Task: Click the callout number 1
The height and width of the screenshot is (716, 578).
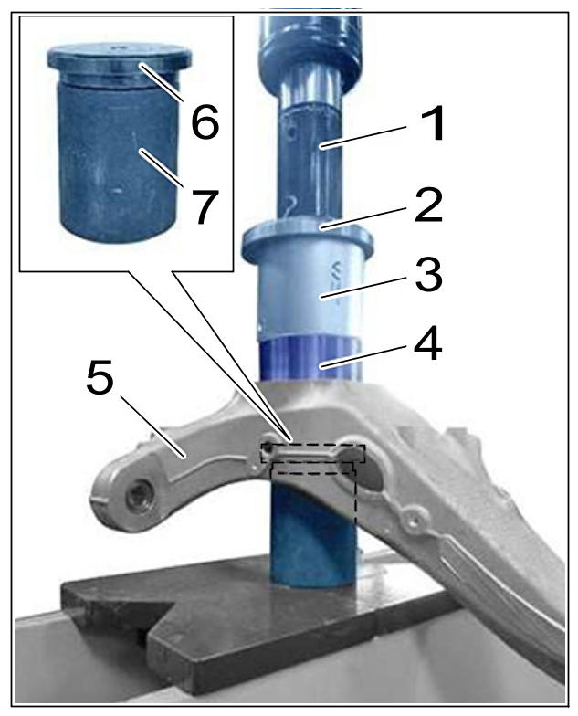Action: point(431,123)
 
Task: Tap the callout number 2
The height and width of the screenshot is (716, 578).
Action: point(428,205)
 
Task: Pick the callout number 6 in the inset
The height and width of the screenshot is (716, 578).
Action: point(205,121)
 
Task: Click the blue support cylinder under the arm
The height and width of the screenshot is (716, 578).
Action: point(313,534)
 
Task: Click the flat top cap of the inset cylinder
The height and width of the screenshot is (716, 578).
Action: point(119,56)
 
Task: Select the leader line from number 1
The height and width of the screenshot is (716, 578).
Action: point(363,136)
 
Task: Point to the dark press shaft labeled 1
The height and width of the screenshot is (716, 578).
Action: point(310,164)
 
